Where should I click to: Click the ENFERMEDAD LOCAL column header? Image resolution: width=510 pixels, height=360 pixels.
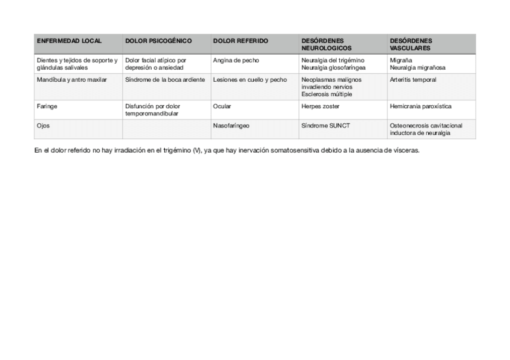click(69, 41)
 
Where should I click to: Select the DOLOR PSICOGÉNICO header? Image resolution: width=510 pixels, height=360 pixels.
click(158, 41)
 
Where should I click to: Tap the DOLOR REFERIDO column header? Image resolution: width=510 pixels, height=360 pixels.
click(241, 41)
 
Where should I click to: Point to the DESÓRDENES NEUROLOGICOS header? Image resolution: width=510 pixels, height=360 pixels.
click(326, 44)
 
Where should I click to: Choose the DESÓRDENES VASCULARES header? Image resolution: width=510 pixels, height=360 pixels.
click(411, 44)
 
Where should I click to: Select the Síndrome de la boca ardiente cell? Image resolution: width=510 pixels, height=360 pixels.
click(165, 80)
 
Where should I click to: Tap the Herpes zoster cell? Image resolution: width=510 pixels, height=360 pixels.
click(320, 106)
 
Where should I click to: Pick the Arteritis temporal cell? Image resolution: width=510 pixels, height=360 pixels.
click(413, 80)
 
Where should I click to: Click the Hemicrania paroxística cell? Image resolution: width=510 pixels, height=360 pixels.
click(420, 106)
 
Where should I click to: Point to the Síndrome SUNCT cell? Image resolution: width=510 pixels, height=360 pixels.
click(325, 126)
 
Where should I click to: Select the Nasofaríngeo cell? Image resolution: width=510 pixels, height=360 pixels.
click(231, 126)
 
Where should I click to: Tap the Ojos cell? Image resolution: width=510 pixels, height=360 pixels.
click(43, 126)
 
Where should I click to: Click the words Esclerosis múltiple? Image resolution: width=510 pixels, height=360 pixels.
click(327, 94)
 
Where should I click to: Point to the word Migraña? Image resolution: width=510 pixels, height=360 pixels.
click(401, 61)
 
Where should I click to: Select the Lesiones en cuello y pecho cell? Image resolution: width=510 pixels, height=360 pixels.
click(250, 80)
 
